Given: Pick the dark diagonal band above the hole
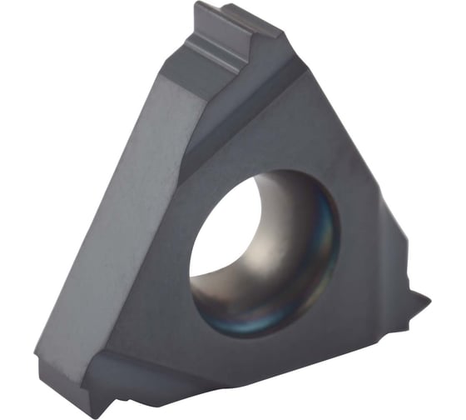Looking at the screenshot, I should pyautogui.click(x=241, y=125).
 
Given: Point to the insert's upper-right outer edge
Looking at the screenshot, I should pyautogui.click(x=349, y=133).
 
